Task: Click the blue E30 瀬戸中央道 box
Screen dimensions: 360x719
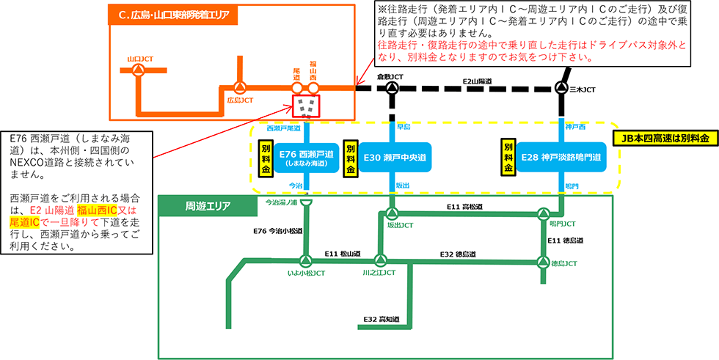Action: pos(395,158)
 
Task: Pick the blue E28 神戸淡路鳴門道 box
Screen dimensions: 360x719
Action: pos(561,157)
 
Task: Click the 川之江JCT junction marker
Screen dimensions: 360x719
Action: pos(379,260)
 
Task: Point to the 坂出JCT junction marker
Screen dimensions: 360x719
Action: pos(392,214)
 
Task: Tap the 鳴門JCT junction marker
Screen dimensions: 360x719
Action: pos(544,214)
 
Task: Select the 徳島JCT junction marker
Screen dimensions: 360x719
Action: pos(544,261)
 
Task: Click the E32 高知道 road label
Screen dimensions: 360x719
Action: pos(382,319)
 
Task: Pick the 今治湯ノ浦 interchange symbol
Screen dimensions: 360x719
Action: pos(307,203)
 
